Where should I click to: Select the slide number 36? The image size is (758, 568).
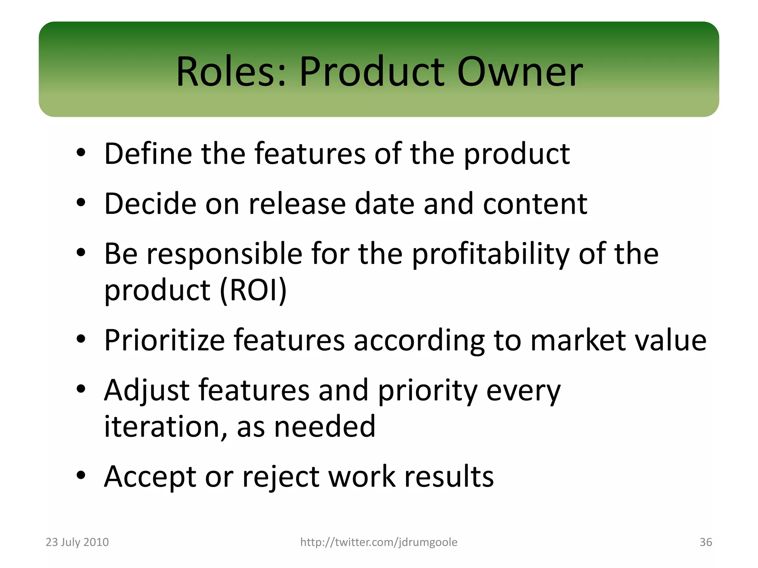(705, 542)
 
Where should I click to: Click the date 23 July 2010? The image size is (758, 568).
(77, 542)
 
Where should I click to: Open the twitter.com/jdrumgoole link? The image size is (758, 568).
(379, 542)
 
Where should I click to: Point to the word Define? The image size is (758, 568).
(148, 153)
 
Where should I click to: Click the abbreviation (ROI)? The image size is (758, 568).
(253, 290)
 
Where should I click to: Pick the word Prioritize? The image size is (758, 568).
(164, 340)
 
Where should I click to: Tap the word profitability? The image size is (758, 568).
(490, 254)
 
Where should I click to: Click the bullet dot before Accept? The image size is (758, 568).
(81, 475)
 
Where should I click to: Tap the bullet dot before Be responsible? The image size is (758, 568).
(81, 253)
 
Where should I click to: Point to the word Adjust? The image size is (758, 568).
(147, 390)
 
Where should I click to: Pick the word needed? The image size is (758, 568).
(325, 426)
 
